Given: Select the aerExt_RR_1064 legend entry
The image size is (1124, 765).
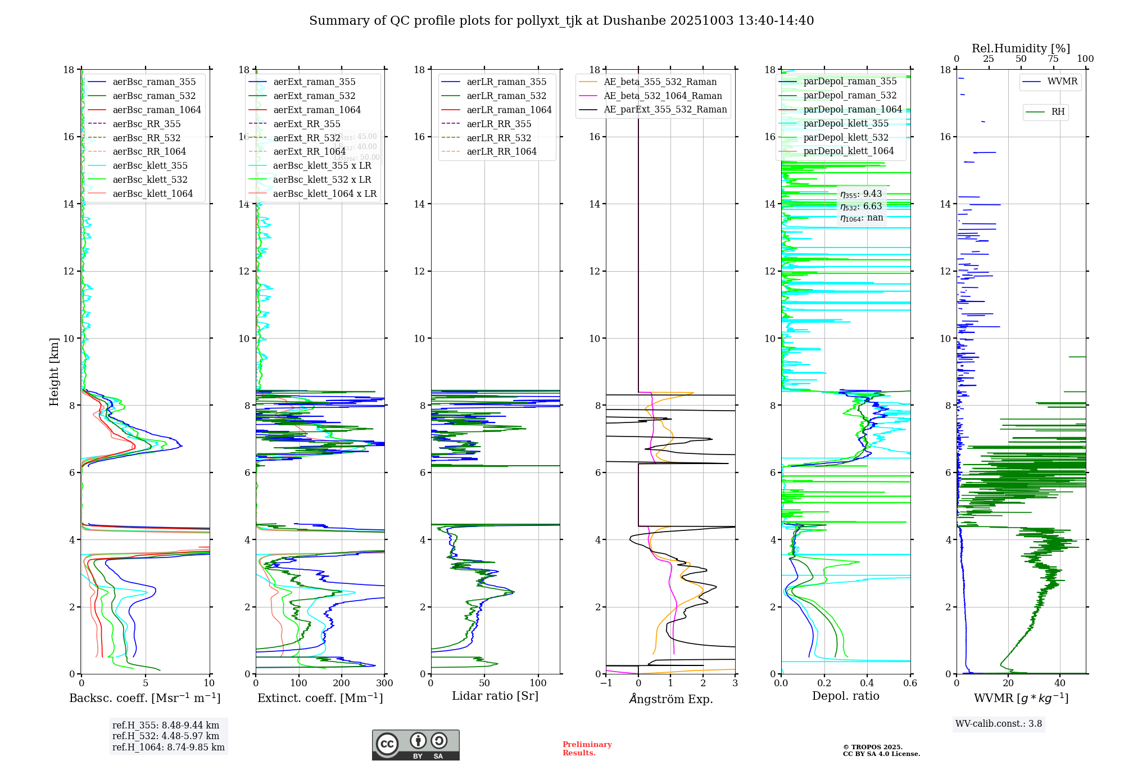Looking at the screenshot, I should coord(309,151).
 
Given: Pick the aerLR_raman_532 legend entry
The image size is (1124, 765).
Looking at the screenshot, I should coord(506,96).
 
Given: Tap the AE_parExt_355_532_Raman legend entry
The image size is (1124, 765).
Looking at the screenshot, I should coord(665,109).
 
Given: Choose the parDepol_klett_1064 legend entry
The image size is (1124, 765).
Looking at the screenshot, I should coord(848,151).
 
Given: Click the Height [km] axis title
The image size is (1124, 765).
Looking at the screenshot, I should coord(54,371).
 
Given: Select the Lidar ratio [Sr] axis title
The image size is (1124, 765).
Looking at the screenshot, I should coord(495,696).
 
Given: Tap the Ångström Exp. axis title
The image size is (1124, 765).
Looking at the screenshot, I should coord(670,699).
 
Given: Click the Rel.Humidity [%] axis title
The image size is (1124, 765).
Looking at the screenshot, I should coord(1021,48).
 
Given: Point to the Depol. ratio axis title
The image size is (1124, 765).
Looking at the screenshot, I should coord(845,696).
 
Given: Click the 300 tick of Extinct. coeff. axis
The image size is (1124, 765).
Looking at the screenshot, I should coord(385,683).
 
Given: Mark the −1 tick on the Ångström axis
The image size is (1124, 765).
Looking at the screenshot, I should coord(606,683).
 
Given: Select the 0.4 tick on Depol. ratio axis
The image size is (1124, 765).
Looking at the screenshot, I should coord(867,683).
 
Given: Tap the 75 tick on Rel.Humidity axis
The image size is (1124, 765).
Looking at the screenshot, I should coord(1053,59).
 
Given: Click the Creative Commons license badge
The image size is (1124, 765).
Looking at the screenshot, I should coord(415,745).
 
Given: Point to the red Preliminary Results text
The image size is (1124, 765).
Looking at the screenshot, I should coord(587,748).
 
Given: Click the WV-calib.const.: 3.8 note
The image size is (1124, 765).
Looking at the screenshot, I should coord(998,724).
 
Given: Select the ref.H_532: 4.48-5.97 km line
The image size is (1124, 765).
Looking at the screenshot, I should coord(166,736).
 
